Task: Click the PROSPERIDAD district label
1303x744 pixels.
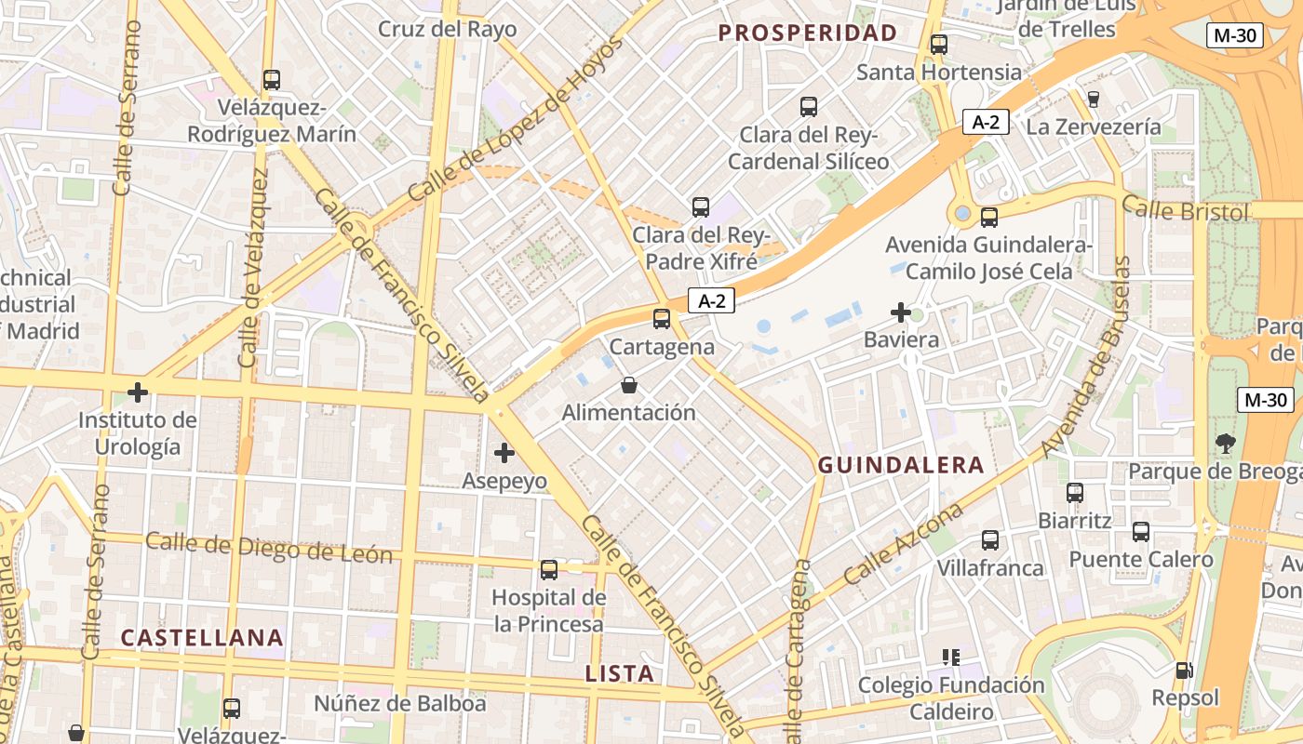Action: tap(808, 33)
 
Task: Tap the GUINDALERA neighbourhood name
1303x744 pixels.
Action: tap(901, 465)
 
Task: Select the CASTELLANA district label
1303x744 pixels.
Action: tap(202, 638)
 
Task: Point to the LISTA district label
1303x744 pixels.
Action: tap(620, 673)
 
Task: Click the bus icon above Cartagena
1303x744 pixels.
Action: tap(662, 319)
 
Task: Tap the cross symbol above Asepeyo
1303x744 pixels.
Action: tap(504, 453)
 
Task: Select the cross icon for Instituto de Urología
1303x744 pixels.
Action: tap(138, 392)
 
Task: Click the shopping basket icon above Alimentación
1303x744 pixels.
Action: tap(629, 385)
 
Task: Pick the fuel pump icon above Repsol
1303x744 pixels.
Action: tap(1185, 670)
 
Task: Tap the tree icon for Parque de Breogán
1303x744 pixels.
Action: tap(1226, 444)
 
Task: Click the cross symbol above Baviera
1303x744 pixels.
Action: tap(901, 312)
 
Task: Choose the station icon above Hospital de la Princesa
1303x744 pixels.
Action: tap(549, 569)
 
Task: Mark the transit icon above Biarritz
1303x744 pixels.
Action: tap(1075, 492)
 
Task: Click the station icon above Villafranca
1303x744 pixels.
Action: tap(990, 539)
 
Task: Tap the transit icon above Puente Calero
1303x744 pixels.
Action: tap(1141, 532)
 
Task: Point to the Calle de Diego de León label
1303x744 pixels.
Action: tap(269, 549)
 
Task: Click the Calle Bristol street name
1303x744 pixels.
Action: tap(1185, 210)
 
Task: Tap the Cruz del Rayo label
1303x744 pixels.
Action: tap(447, 29)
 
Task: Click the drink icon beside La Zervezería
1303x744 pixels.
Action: tap(1094, 99)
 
